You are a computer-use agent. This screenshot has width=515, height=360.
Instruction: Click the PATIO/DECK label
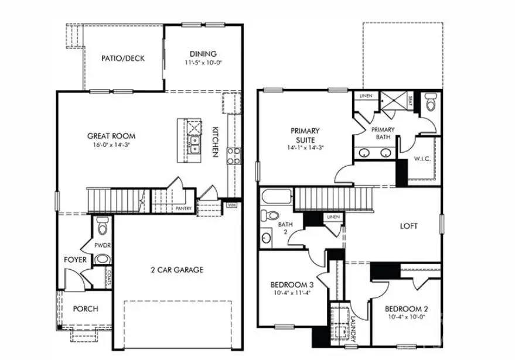(122, 59)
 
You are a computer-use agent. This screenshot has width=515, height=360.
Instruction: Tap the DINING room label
(203, 54)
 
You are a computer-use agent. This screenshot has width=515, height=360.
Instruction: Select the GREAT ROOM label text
(111, 136)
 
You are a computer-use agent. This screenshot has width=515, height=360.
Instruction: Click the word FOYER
(76, 259)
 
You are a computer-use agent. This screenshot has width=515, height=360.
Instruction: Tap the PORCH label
(86, 308)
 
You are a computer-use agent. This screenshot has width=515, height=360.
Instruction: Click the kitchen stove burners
(233, 155)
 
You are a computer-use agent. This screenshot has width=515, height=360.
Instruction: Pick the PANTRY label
(184, 208)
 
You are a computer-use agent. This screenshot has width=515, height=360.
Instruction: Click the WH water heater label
(231, 205)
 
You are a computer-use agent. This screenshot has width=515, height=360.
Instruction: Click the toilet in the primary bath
(431, 104)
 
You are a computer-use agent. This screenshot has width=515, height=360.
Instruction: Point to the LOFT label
(408, 226)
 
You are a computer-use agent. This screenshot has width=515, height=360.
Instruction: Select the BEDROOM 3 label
(291, 285)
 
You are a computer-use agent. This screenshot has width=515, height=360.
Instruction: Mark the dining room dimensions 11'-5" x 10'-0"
(203, 62)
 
